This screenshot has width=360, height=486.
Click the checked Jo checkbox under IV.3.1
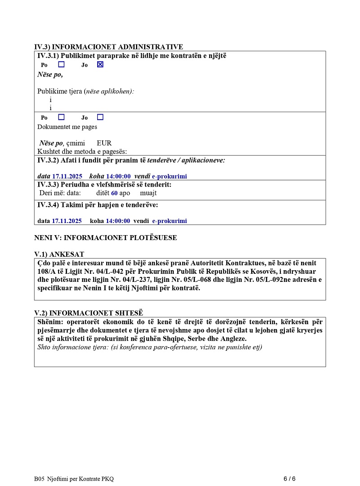[100, 64]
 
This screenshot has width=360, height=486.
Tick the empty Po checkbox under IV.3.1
[61, 64]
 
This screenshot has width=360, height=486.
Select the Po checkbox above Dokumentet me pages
[61, 117]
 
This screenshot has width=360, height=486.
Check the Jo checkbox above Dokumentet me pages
[100, 117]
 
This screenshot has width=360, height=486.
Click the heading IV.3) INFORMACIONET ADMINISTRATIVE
[108, 47]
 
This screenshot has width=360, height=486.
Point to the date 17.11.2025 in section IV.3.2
[67, 176]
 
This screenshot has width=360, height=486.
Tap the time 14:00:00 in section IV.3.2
[118, 176]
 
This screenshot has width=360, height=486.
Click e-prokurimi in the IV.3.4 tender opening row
[169, 221]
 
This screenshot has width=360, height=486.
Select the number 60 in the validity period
[114, 193]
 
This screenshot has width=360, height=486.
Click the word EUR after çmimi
[104, 143]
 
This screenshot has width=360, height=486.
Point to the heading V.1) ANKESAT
[59, 254]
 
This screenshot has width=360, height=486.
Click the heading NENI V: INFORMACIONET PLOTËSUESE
[105, 237]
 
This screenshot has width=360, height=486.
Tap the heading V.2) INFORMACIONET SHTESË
[89, 313]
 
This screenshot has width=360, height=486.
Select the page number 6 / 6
[289, 478]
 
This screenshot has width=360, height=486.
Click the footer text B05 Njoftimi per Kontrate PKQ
[73, 479]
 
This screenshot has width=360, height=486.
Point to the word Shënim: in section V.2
[50, 322]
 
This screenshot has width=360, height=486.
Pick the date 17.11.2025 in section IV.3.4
[67, 221]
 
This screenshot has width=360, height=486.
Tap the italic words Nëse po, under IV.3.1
[50, 75]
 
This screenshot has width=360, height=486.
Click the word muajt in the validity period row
[148, 193]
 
